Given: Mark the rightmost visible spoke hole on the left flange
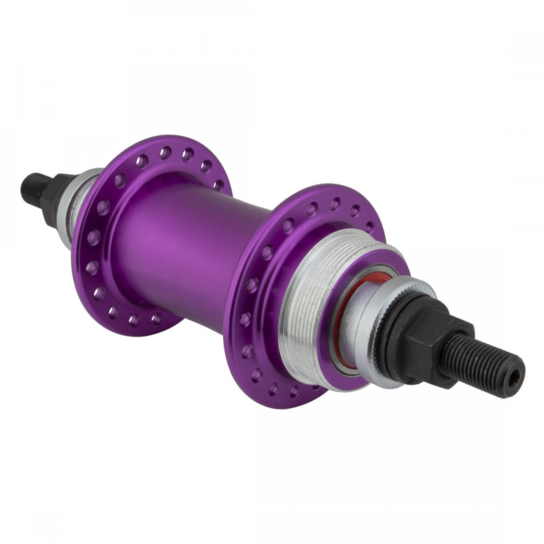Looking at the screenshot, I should click(218, 184).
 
